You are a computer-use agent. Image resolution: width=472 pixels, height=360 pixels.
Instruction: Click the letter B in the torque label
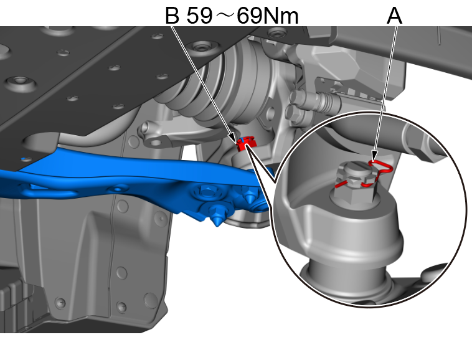[x=172, y=16]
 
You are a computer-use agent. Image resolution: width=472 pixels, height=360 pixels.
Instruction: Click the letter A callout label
[x=394, y=16]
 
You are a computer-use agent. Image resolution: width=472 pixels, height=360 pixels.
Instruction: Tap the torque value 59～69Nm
[x=242, y=16]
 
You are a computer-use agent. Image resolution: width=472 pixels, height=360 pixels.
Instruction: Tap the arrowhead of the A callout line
[x=374, y=156]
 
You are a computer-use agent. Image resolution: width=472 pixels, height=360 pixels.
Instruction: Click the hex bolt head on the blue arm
[x=207, y=192]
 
